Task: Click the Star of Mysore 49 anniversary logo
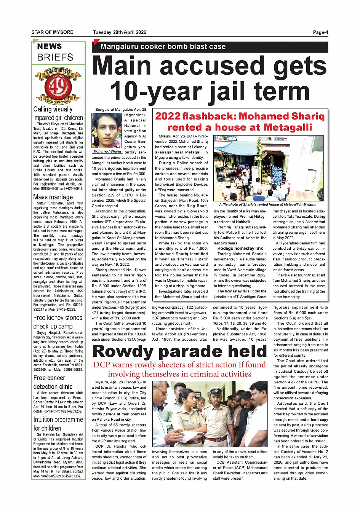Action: click(x=58, y=86)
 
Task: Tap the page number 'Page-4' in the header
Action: click(x=320, y=32)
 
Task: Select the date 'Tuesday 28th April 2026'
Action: click(x=119, y=32)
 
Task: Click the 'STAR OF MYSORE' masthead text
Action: click(x=52, y=32)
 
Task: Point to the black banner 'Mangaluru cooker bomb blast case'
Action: click(x=210, y=47)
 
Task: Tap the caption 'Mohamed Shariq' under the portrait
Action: click(x=107, y=152)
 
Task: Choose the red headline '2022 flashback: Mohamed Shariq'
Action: click(x=240, y=116)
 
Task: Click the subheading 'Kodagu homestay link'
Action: click(x=240, y=248)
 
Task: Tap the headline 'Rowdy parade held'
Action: click(x=179, y=351)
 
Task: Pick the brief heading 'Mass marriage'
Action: click(x=53, y=197)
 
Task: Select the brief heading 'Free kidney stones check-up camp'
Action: click(x=58, y=322)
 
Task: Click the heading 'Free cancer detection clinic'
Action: click(x=53, y=382)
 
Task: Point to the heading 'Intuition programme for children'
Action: click(x=58, y=424)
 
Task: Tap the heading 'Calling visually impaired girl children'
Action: click(x=58, y=113)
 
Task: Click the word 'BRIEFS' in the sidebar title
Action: click(x=55, y=57)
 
